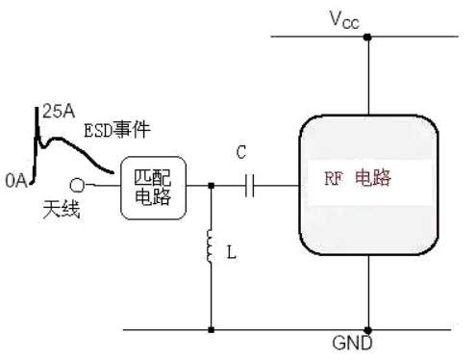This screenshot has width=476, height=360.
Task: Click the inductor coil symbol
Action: (x=211, y=248)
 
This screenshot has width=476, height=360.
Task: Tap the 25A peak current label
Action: (x=55, y=113)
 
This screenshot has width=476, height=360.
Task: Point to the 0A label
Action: (x=16, y=178)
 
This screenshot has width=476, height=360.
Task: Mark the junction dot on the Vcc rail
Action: (x=367, y=39)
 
